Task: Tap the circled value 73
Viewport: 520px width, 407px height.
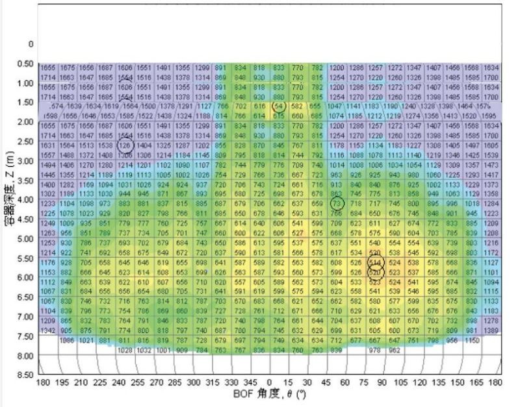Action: click(336, 203)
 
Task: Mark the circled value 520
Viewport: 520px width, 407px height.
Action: click(375, 274)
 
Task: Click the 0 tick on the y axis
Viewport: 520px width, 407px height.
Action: click(29, 44)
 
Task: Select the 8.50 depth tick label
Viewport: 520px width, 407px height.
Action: click(25, 375)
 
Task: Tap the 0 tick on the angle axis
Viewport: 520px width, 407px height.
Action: click(270, 383)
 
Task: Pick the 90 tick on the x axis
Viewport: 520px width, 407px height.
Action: click(383, 383)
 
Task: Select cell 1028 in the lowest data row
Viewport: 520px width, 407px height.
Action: click(125, 351)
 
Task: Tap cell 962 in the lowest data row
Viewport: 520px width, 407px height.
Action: click(394, 351)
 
